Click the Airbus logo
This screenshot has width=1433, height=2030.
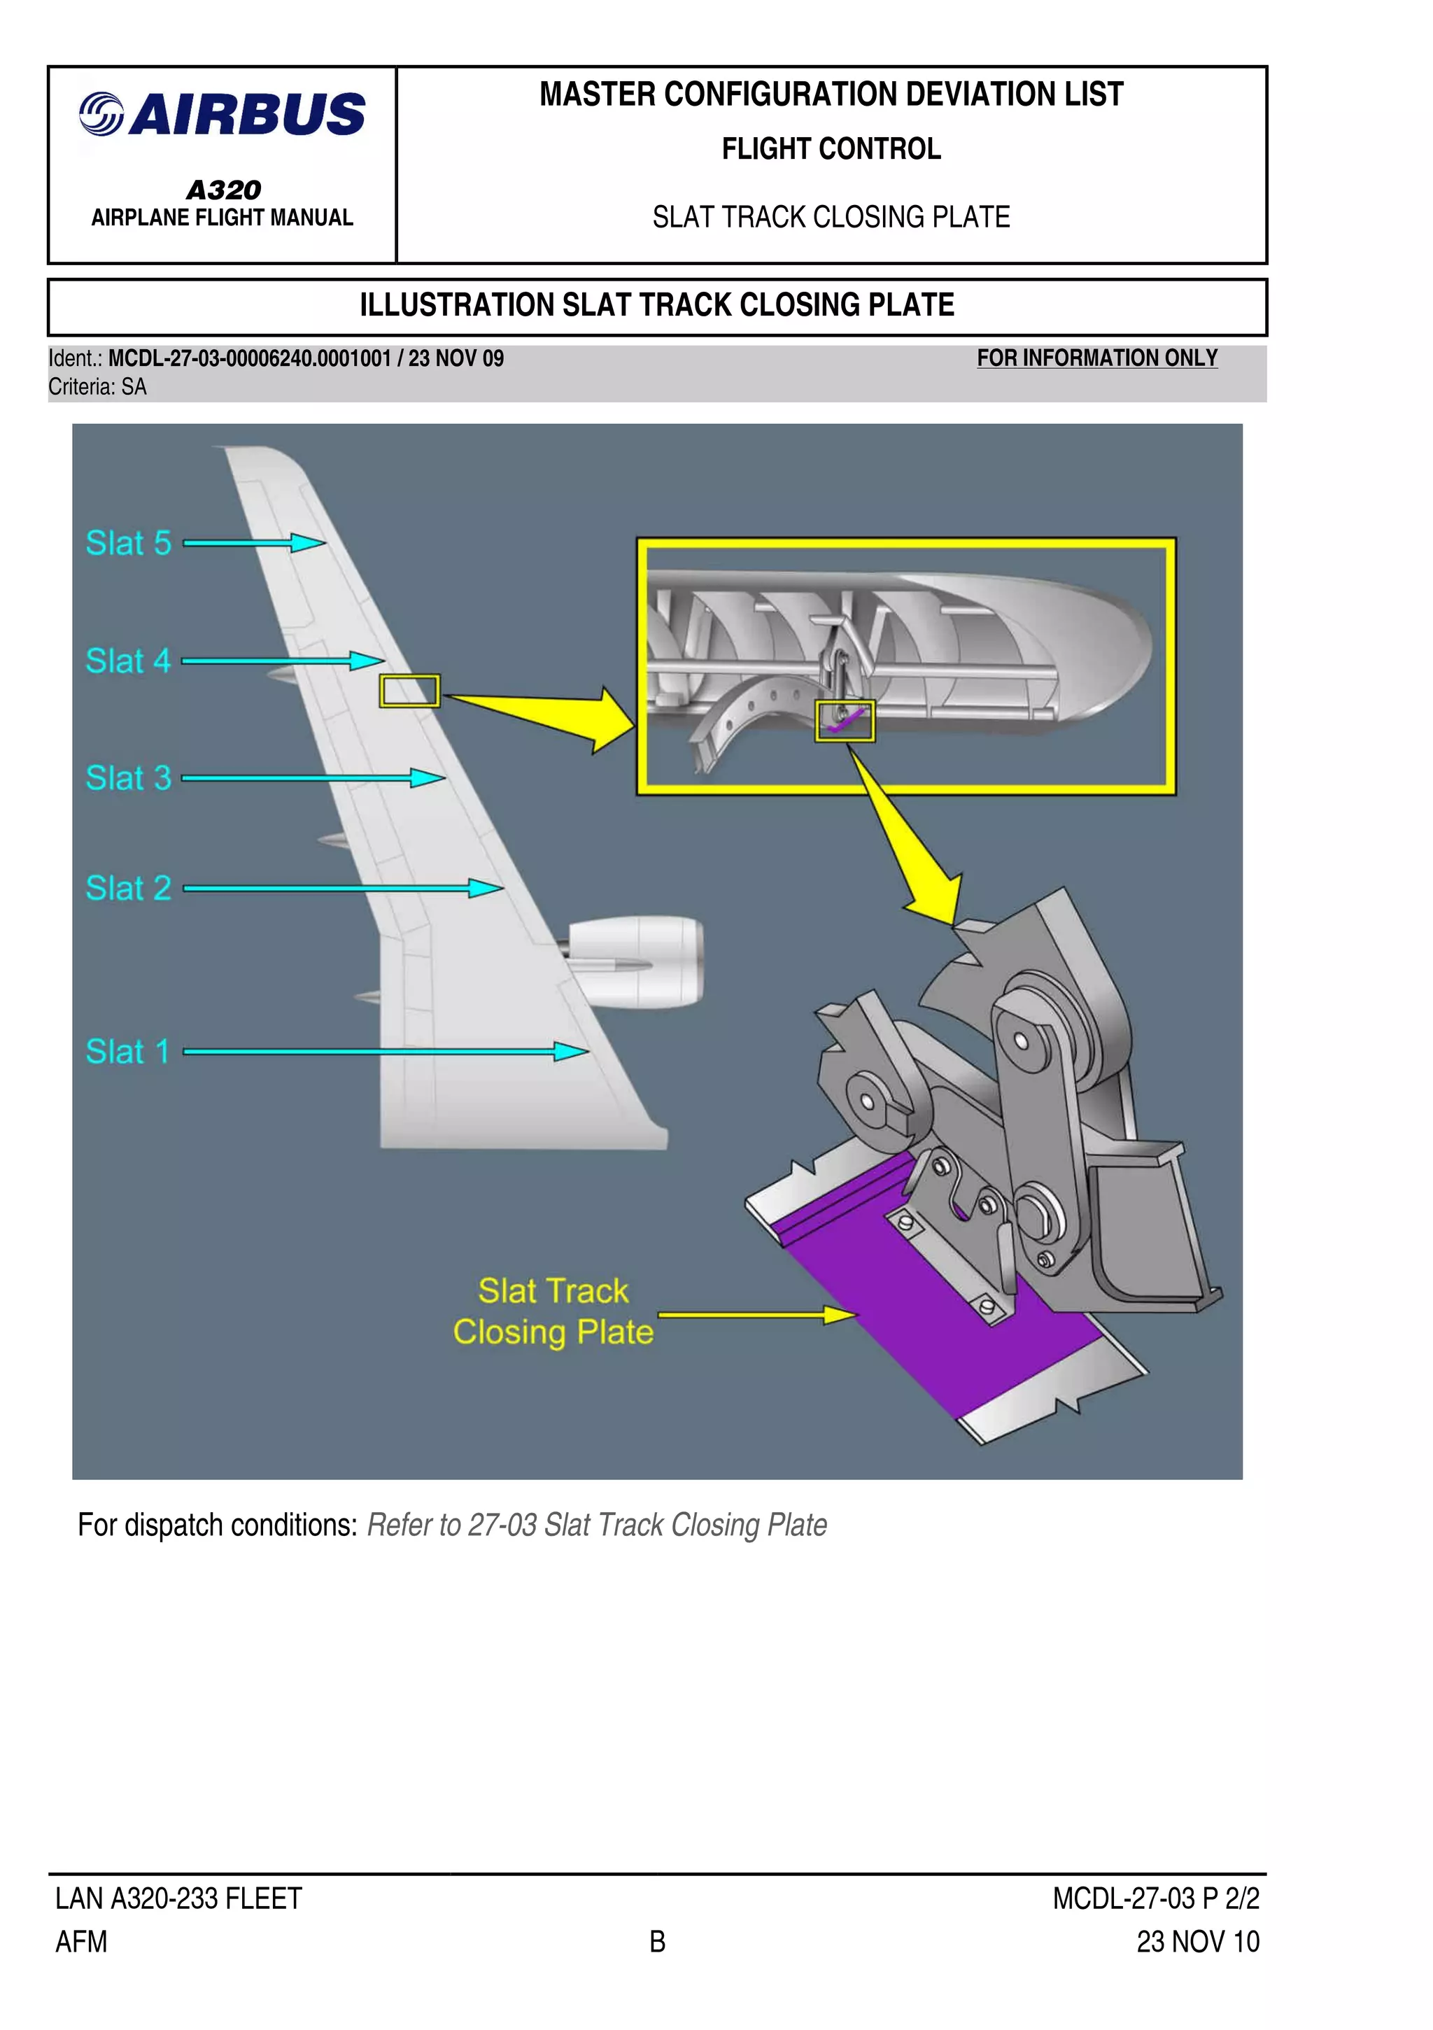click(x=222, y=114)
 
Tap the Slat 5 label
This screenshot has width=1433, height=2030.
click(x=128, y=543)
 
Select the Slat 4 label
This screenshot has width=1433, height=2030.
click(x=128, y=661)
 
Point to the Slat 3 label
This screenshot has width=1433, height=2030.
click(x=128, y=778)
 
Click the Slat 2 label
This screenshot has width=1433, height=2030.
click(x=128, y=888)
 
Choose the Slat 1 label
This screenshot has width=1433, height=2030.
click(x=127, y=1051)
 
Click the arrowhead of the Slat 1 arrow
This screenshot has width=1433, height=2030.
click(x=571, y=1051)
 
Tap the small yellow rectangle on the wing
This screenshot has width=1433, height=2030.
click(x=409, y=691)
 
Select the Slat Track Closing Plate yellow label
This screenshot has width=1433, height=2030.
click(x=553, y=1311)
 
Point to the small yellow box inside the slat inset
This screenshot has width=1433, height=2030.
click(x=845, y=721)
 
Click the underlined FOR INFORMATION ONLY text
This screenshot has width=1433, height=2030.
click(x=1096, y=358)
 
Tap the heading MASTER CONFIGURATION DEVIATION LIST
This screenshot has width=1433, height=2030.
click(x=831, y=94)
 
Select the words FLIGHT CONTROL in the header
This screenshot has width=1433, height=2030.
click(x=831, y=148)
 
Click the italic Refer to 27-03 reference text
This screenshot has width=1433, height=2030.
click(x=597, y=1525)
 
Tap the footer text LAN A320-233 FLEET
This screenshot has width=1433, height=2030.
click(x=178, y=1898)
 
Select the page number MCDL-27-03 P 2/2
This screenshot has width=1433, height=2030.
click(x=1155, y=1898)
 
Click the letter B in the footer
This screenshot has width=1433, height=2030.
click(x=657, y=1942)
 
